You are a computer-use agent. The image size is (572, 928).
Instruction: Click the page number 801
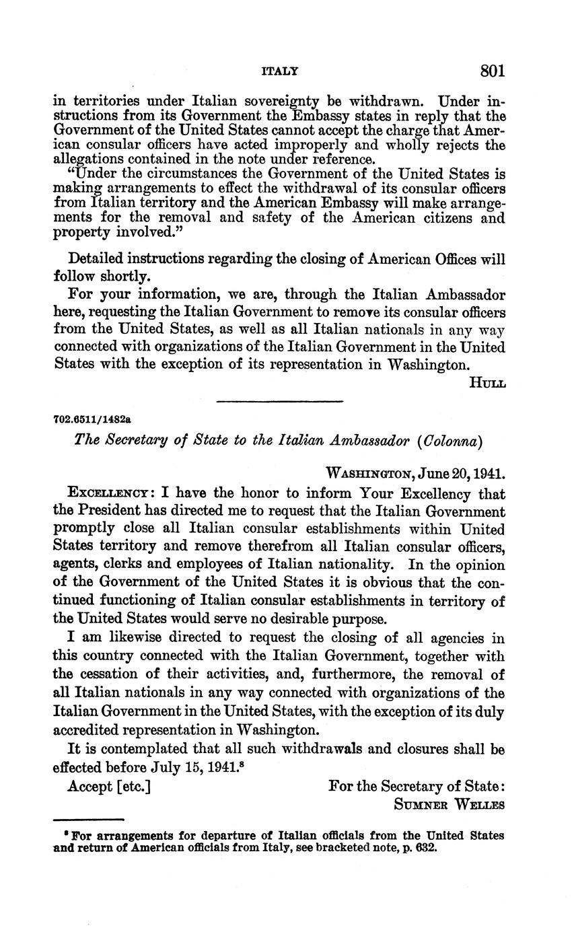(493, 71)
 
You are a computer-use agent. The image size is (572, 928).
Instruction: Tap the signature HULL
(487, 383)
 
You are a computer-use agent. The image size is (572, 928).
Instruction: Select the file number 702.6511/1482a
(92, 419)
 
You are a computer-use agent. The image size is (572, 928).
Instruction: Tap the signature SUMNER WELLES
(450, 804)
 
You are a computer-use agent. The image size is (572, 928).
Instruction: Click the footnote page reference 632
(426, 848)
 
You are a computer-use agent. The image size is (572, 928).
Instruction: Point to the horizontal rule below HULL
(280, 402)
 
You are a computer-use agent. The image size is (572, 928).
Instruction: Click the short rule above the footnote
(89, 819)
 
